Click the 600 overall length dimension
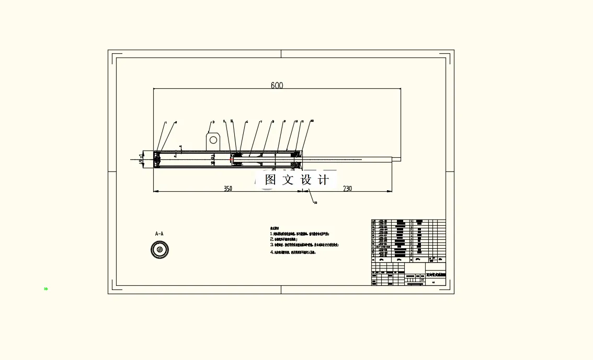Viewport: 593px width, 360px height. pos(277,86)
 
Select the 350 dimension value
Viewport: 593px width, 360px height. pos(228,189)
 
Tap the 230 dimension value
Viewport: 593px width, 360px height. pos(347,189)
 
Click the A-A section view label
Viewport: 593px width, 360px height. pos(159,234)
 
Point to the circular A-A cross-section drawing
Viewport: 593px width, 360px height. pos(159,250)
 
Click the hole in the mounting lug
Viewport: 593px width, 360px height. pos(213,140)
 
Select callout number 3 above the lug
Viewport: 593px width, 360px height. pos(213,122)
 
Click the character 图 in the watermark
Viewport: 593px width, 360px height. pos(270,180)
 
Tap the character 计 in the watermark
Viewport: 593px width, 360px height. pos(324,180)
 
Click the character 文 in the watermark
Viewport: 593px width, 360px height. pos(288,180)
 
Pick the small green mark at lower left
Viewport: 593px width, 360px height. pos(46,288)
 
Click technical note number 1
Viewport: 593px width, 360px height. pos(272,234)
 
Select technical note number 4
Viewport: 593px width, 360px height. pos(272,252)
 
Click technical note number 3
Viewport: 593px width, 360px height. pos(272,244)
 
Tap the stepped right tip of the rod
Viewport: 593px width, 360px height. pos(396,159)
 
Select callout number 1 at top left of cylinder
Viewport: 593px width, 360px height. pos(166,123)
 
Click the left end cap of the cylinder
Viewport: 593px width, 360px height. pos(157,159)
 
